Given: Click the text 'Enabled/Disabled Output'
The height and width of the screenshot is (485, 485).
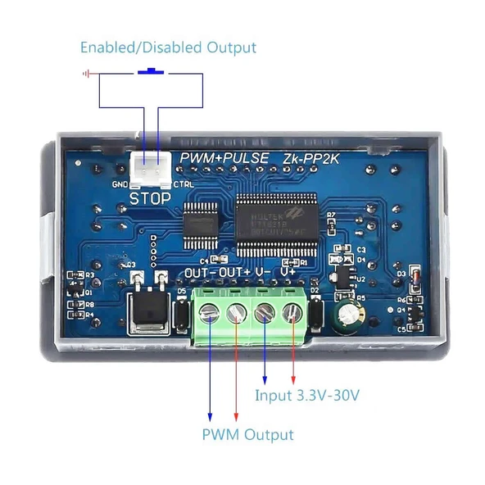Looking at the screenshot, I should pyautogui.click(x=168, y=48).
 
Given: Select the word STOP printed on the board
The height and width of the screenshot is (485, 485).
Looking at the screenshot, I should pyautogui.click(x=151, y=198).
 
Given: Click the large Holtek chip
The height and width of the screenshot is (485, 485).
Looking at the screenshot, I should pyautogui.click(x=275, y=216).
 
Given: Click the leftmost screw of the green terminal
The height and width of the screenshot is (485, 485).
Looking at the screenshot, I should pyautogui.click(x=212, y=312).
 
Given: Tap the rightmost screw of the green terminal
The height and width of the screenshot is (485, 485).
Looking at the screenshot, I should pyautogui.click(x=292, y=312).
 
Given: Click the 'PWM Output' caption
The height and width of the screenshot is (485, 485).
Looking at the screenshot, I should pyautogui.click(x=247, y=434).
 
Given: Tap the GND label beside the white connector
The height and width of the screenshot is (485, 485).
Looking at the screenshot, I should pyautogui.click(x=120, y=184).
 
